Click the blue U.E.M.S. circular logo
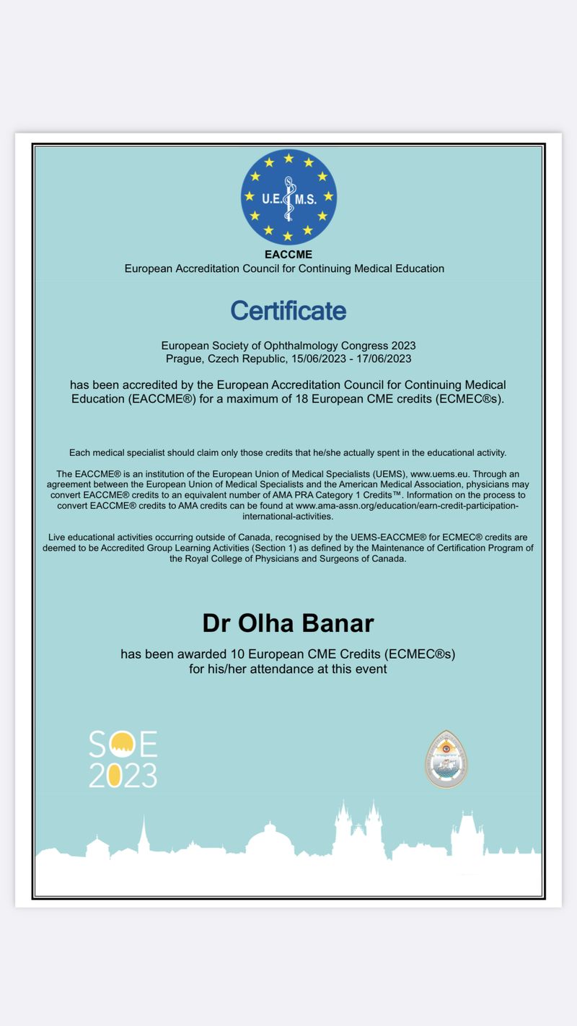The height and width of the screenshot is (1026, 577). (288, 196)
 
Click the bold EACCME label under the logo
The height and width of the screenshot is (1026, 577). (288, 255)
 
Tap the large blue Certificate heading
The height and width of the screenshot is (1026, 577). (288, 311)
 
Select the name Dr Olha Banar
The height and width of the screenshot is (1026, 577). (288, 623)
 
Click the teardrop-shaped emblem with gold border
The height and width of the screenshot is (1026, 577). (446, 758)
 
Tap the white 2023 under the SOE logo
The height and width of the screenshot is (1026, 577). (123, 775)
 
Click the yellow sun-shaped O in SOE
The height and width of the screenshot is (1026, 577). (123, 744)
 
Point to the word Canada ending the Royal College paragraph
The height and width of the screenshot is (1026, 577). (389, 559)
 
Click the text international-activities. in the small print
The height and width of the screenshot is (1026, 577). (288, 517)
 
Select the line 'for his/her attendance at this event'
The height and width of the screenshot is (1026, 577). (288, 669)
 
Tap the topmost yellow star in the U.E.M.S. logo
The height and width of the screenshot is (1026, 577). (288, 158)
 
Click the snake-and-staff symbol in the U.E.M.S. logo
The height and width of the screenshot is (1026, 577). (288, 196)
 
